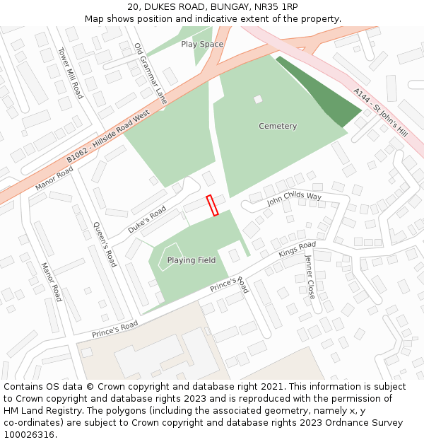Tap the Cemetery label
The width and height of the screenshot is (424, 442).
pyautogui.click(x=278, y=126)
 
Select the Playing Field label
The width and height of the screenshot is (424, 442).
pyautogui.click(x=191, y=260)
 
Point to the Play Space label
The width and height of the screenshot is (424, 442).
pyautogui.click(x=202, y=44)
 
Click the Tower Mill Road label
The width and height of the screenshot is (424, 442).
pyautogui.click(x=71, y=73)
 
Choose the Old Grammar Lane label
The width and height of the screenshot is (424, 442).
pyautogui.click(x=150, y=74)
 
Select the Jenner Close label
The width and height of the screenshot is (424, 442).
pyautogui.click(x=310, y=276)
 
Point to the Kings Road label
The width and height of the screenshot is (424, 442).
pyautogui.click(x=297, y=250)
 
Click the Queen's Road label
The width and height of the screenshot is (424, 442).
pyautogui.click(x=105, y=244)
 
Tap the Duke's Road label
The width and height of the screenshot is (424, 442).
pyautogui.click(x=147, y=220)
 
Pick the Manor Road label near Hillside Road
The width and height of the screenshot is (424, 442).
pyautogui.click(x=54, y=180)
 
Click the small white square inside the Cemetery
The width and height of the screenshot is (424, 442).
pyautogui.click(x=258, y=99)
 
